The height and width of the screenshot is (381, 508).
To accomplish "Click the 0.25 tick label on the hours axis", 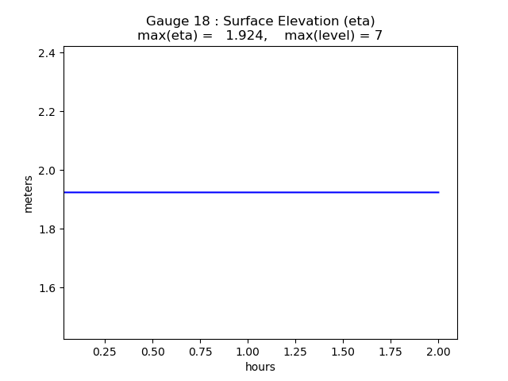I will click(105, 351).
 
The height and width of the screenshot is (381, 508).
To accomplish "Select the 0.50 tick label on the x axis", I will click(152, 351).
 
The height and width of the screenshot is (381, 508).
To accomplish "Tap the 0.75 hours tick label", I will click(200, 351).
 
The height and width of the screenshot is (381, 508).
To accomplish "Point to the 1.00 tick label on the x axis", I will click(248, 351).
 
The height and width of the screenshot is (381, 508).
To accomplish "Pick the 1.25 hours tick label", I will click(295, 351).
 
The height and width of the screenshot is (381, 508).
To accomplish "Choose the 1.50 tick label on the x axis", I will click(343, 351).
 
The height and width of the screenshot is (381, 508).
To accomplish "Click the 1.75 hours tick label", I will click(391, 351).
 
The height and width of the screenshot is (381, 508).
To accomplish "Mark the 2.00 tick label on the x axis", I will click(438, 351).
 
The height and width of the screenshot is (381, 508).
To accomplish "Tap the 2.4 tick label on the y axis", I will click(48, 53).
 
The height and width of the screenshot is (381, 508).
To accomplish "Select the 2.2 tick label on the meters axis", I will click(48, 112).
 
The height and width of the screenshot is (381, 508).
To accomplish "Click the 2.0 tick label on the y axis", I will click(48, 171).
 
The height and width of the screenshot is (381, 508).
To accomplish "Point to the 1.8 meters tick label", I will click(48, 229).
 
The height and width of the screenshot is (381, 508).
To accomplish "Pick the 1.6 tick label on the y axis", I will click(48, 288).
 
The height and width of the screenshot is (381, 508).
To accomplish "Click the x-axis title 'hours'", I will click(260, 367).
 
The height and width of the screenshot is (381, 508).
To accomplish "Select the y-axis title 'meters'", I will click(29, 194).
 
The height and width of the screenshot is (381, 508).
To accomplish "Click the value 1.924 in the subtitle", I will click(244, 36).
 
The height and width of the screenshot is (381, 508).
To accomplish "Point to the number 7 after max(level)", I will click(379, 36).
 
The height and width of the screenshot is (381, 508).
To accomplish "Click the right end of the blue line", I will click(438, 192).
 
